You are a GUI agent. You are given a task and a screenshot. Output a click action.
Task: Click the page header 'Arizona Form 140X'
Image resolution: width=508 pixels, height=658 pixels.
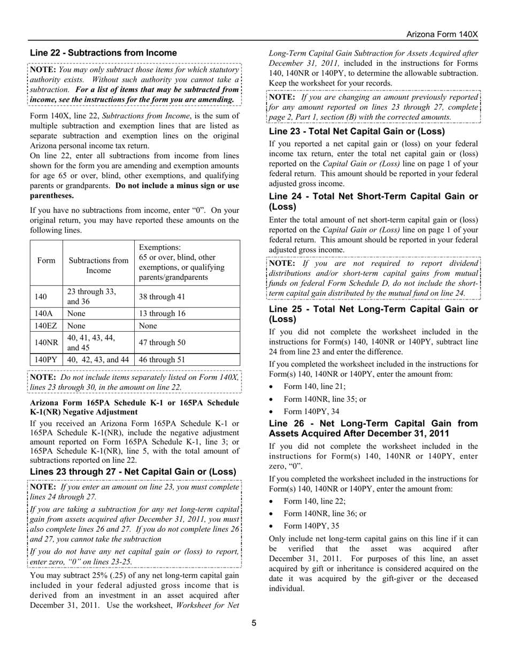point(442,34)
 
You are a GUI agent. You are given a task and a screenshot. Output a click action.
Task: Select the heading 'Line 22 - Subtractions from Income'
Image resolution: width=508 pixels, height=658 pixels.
point(103,53)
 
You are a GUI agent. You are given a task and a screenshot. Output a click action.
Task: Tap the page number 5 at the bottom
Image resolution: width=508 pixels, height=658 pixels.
point(254,622)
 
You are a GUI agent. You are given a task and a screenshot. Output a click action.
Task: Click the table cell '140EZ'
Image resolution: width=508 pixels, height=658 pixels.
point(47,326)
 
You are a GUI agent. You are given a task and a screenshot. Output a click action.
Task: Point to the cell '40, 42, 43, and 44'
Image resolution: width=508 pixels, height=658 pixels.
point(98,359)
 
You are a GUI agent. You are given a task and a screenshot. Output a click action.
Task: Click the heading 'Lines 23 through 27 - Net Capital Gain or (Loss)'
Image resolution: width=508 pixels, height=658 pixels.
point(133,472)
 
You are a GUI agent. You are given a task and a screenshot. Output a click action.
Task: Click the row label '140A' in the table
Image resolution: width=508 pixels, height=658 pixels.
point(47,313)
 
